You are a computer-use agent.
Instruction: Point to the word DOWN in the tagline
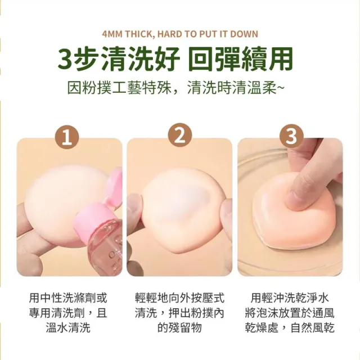[x=244, y=34]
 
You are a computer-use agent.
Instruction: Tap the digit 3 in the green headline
[x=66, y=58]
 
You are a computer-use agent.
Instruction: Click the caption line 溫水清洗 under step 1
[x=68, y=327]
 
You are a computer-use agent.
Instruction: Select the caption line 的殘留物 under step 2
[x=179, y=327]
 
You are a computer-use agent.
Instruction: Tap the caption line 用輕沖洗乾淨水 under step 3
[x=290, y=298]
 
